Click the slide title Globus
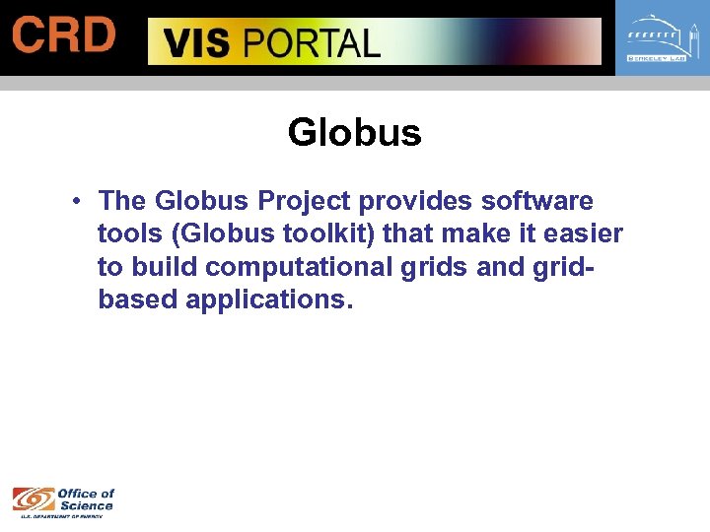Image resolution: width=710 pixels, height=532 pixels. [354, 133]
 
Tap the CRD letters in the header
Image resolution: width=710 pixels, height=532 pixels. [64, 35]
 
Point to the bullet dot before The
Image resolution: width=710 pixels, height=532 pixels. [76, 202]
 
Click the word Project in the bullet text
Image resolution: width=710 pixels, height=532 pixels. [306, 201]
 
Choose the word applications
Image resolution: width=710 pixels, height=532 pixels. [268, 299]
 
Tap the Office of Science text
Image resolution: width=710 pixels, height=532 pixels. [86, 499]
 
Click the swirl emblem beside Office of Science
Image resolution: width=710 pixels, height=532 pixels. [33, 500]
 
